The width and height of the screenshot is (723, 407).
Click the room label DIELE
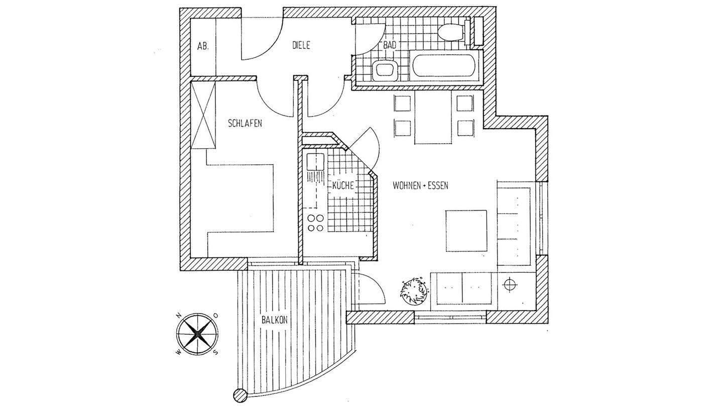301,45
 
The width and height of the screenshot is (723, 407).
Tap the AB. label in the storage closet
203,46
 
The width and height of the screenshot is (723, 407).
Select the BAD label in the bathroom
390,45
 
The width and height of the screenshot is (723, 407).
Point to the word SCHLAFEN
245,123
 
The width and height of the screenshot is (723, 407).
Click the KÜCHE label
343,185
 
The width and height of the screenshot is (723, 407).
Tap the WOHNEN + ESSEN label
420,185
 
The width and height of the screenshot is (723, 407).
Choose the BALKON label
274,320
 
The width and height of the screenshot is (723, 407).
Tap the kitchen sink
316,162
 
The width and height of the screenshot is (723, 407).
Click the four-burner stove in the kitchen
315,223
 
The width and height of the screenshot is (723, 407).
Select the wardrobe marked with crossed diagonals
204,115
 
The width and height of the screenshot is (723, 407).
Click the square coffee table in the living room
466,231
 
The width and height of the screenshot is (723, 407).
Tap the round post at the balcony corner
240,394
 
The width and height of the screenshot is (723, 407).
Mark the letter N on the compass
178,316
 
